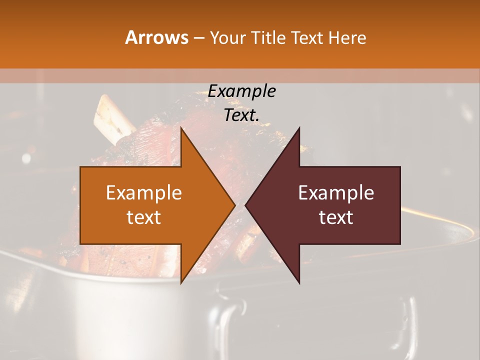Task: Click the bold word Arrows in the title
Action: pyautogui.click(x=156, y=38)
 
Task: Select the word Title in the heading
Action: pyautogui.click(x=269, y=38)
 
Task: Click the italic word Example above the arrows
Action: pyautogui.click(x=242, y=91)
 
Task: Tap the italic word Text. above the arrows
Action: pyautogui.click(x=242, y=115)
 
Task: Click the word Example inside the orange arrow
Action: pyautogui.click(x=144, y=193)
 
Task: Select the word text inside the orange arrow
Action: pyautogui.click(x=144, y=217)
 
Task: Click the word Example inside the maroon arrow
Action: pyautogui.click(x=336, y=193)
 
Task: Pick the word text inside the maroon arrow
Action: pyautogui.click(x=336, y=217)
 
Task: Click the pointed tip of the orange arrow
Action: pyautogui.click(x=235, y=205)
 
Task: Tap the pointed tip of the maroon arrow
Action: pyautogui.click(x=245, y=205)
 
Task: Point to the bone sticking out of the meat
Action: pyautogui.click(x=113, y=118)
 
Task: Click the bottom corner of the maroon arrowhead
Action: pyautogui.click(x=299, y=283)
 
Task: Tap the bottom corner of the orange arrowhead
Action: pyautogui.click(x=181, y=283)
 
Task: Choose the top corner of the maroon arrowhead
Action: pyautogui.click(x=299, y=128)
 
